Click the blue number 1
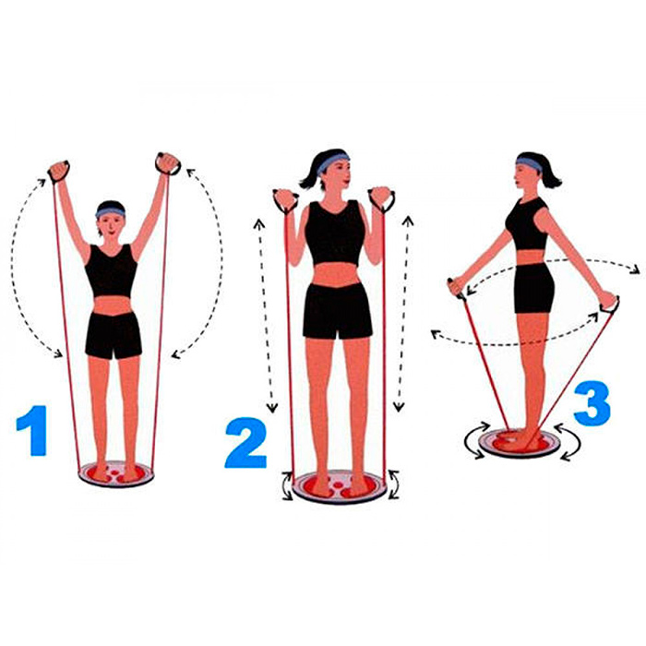(33, 431)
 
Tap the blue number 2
(246, 443)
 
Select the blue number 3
(592, 404)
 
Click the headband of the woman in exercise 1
(111, 211)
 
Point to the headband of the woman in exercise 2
(332, 161)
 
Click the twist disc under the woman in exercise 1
(116, 473)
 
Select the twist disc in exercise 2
(339, 486)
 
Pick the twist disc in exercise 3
(520, 443)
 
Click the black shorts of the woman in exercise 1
(114, 335)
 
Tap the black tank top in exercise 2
(335, 233)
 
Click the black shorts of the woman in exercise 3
(534, 288)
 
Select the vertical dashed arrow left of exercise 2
(265, 316)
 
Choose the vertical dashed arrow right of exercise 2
(403, 314)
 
